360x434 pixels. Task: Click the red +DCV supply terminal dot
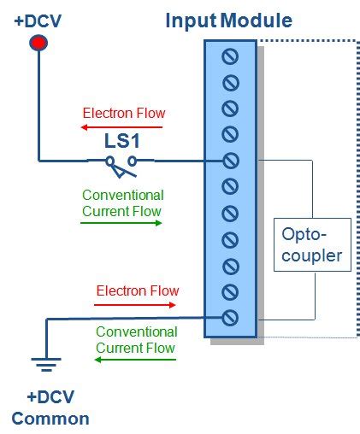(x=38, y=43)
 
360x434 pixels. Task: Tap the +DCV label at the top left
(x=38, y=20)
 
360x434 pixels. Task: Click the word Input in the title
(x=190, y=20)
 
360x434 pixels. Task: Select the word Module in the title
(x=256, y=20)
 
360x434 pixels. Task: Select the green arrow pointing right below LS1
(x=121, y=223)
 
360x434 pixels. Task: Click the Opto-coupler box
(x=312, y=246)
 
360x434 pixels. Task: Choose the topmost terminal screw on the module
(x=230, y=56)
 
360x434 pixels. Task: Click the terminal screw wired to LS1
(x=230, y=161)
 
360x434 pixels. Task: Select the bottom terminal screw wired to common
(x=230, y=318)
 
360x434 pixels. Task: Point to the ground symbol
(x=46, y=366)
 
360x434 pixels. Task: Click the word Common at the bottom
(x=50, y=419)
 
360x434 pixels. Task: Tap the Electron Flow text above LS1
(x=124, y=113)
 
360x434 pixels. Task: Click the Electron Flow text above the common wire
(x=137, y=290)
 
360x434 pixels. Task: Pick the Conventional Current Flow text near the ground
(x=136, y=339)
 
